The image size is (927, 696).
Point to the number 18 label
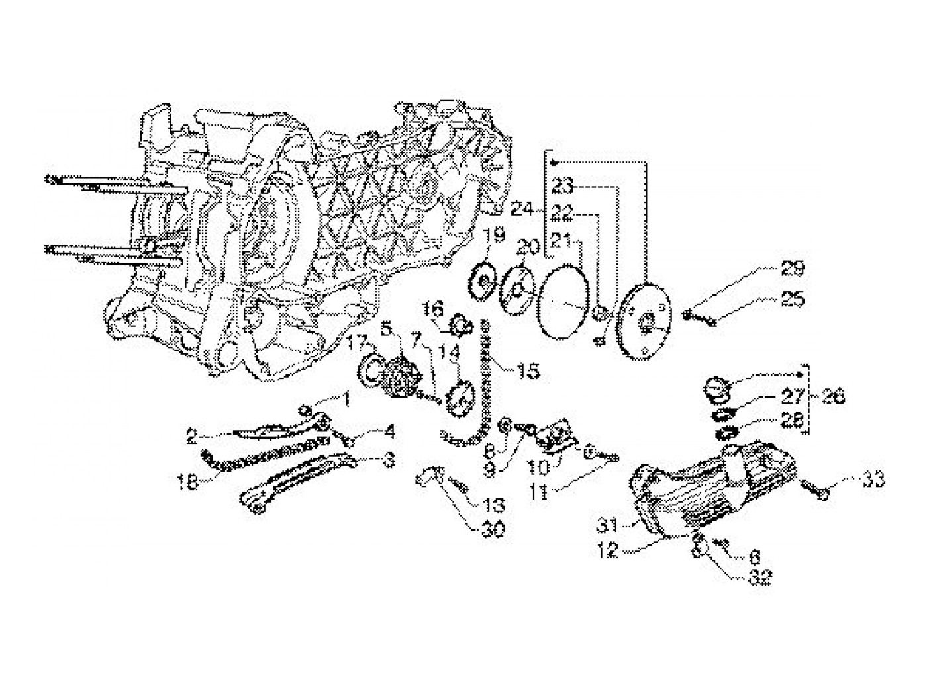(187, 483)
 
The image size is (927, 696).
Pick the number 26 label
(834, 398)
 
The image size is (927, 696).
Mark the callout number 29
(793, 269)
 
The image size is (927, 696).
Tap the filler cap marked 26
(716, 388)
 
